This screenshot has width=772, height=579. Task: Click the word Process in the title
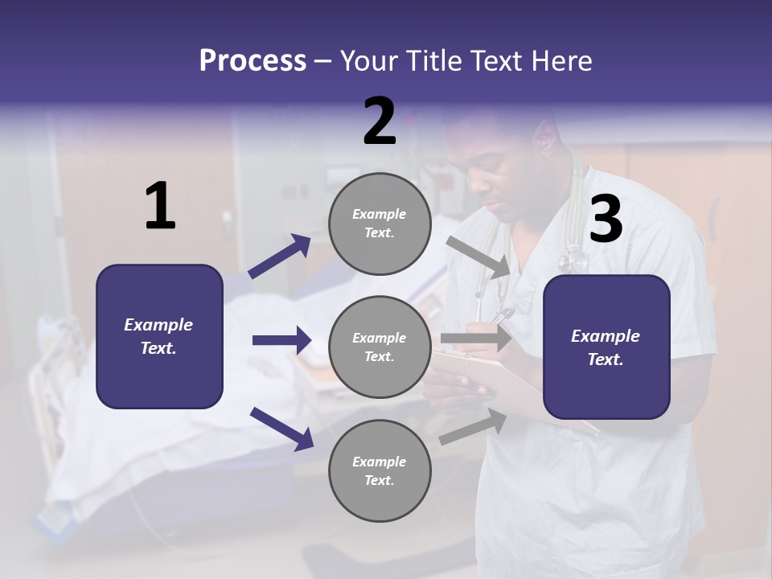tap(253, 60)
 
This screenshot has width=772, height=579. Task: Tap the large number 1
tap(160, 207)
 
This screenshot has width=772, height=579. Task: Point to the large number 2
tap(380, 121)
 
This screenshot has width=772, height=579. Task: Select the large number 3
tap(606, 220)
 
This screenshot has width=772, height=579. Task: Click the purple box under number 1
tap(159, 336)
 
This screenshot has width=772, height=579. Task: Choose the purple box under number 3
tap(606, 347)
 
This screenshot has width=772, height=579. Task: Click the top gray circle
tap(380, 224)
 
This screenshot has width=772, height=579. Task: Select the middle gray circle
tap(380, 347)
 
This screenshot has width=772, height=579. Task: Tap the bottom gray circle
tap(380, 470)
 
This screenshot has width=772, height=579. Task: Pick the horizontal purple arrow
tap(281, 340)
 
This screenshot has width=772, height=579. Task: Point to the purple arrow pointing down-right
tap(281, 428)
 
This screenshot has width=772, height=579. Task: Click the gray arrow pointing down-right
tap(478, 257)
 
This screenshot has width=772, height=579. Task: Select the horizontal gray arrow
tap(475, 339)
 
